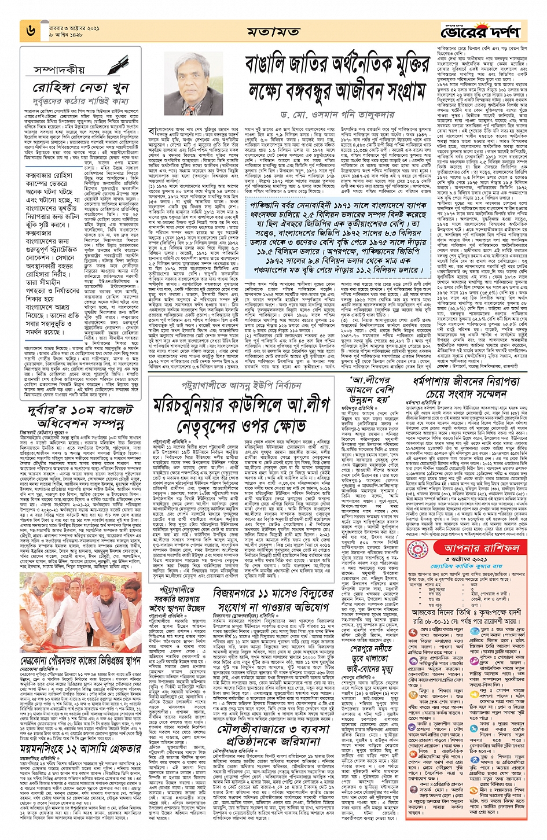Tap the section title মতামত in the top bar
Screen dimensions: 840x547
273,31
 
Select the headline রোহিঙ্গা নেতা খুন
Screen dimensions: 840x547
80,89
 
